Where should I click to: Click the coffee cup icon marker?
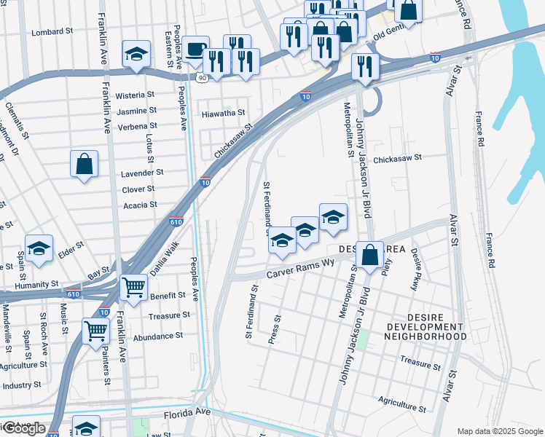coord(195,50)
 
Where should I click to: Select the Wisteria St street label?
coord(136,95)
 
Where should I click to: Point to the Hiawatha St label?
coord(224,113)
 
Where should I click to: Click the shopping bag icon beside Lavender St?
coord(85,164)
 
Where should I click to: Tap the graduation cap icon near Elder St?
coord(39,248)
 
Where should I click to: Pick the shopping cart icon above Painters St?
coord(96,331)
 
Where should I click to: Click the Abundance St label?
coord(158,336)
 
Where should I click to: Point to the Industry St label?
coord(22,385)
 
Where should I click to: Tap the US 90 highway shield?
coord(200,76)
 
